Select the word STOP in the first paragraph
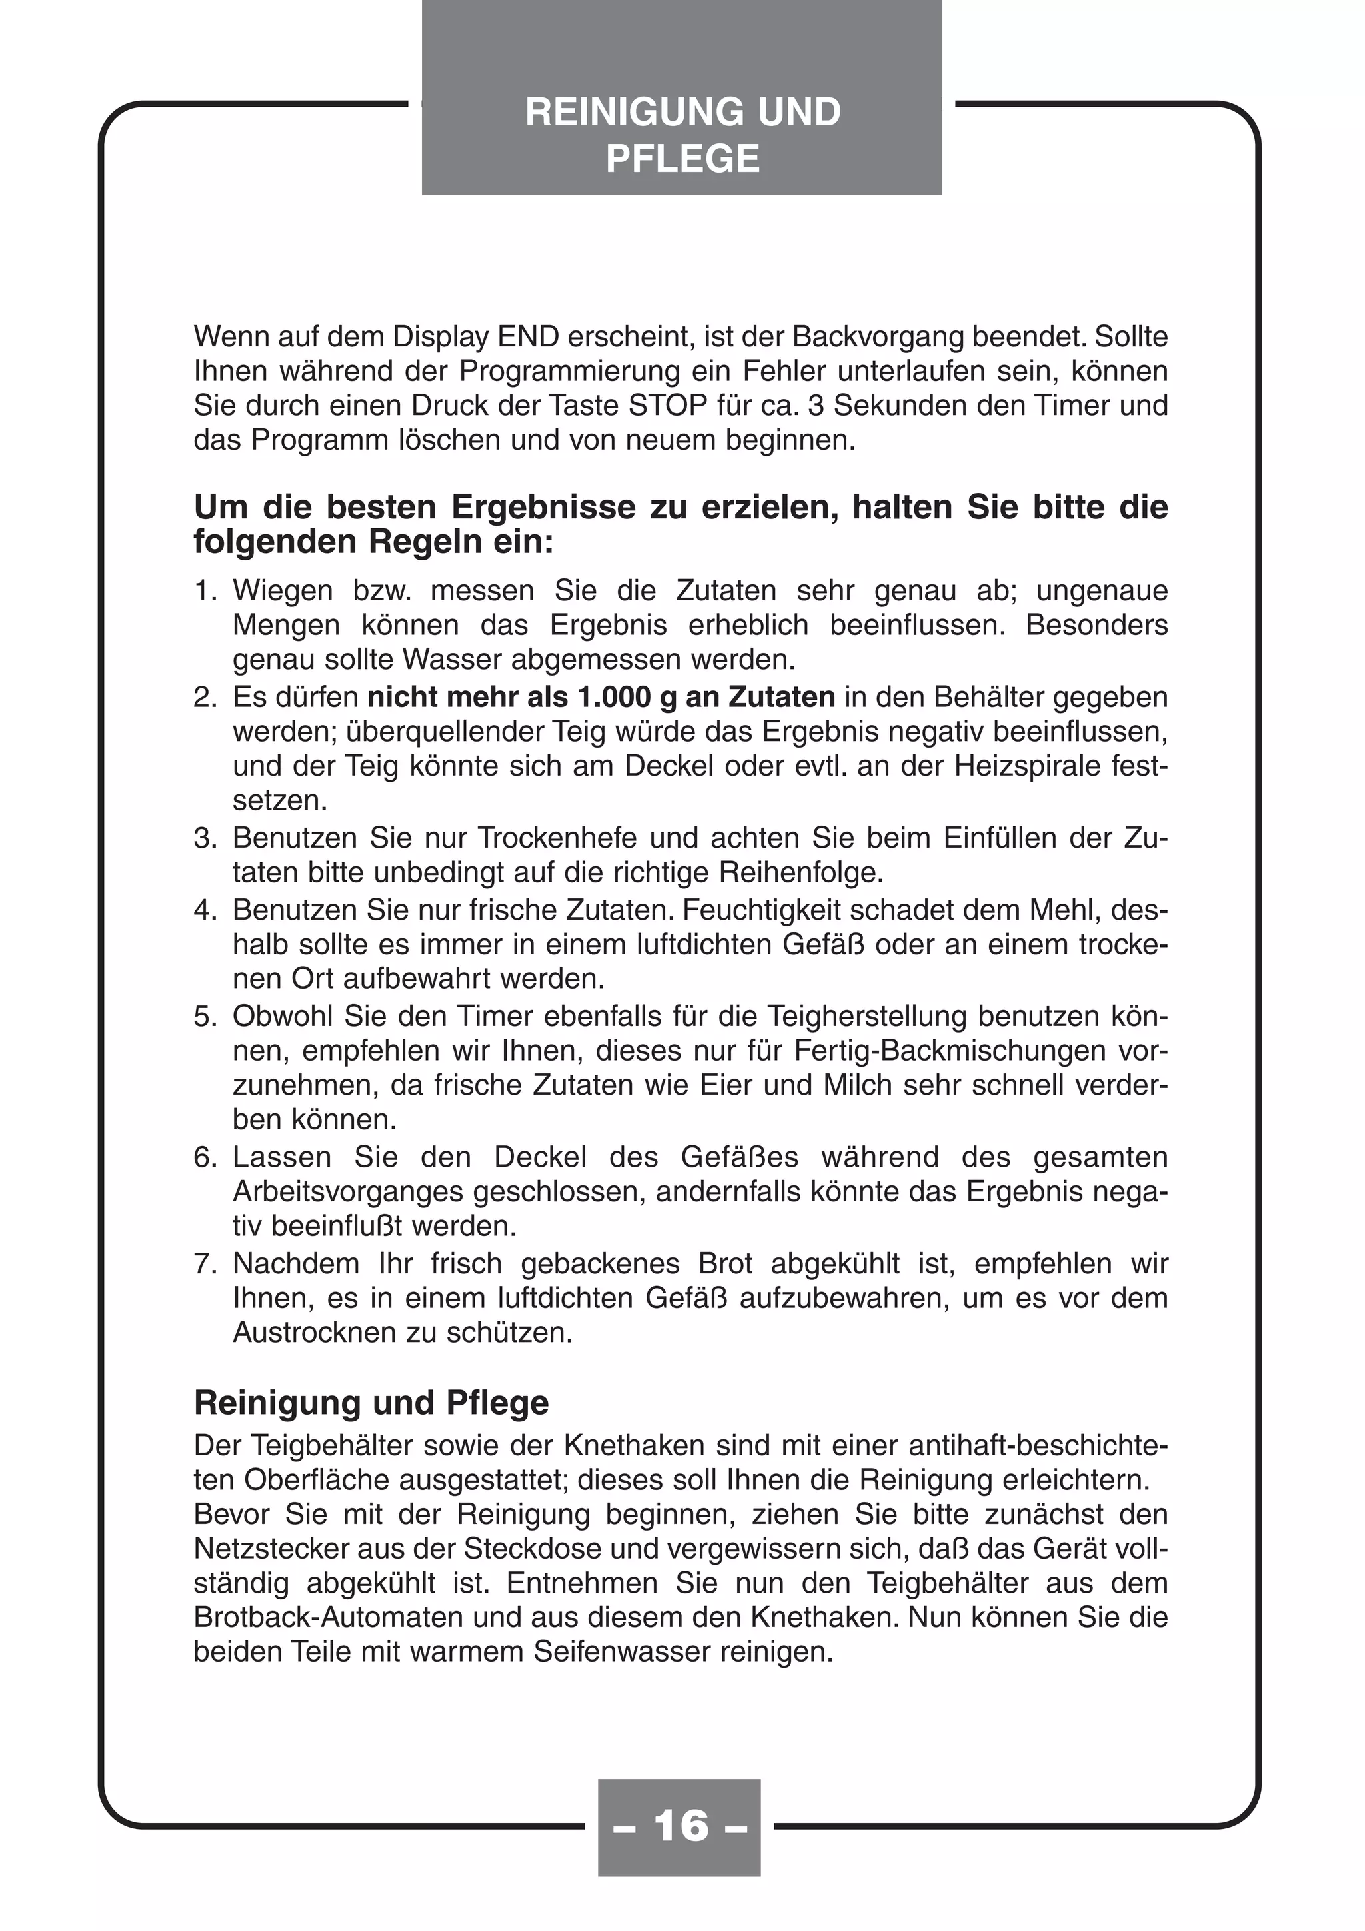tap(668, 405)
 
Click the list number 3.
tap(205, 838)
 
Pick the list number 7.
tap(205, 1263)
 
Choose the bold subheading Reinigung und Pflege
tap(371, 1403)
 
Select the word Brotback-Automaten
tap(329, 1617)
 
